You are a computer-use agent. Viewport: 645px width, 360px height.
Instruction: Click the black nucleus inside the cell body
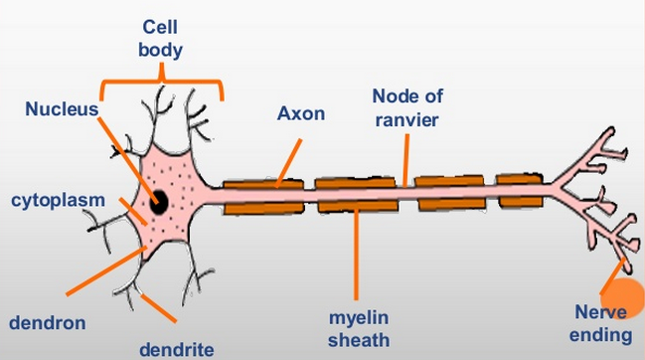159,204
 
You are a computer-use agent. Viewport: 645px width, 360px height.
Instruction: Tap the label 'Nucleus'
62,108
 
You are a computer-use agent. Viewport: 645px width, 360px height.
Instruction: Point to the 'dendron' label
47,322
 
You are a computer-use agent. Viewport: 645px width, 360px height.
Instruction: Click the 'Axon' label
300,112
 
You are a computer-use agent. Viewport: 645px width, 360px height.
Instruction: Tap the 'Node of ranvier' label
406,106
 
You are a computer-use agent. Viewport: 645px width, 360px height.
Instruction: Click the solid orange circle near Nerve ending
624,297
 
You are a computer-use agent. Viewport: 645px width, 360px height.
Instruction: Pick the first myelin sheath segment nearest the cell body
262,196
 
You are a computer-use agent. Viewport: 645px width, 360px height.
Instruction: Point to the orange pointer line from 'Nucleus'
126,153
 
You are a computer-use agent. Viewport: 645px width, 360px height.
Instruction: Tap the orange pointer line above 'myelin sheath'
358,253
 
